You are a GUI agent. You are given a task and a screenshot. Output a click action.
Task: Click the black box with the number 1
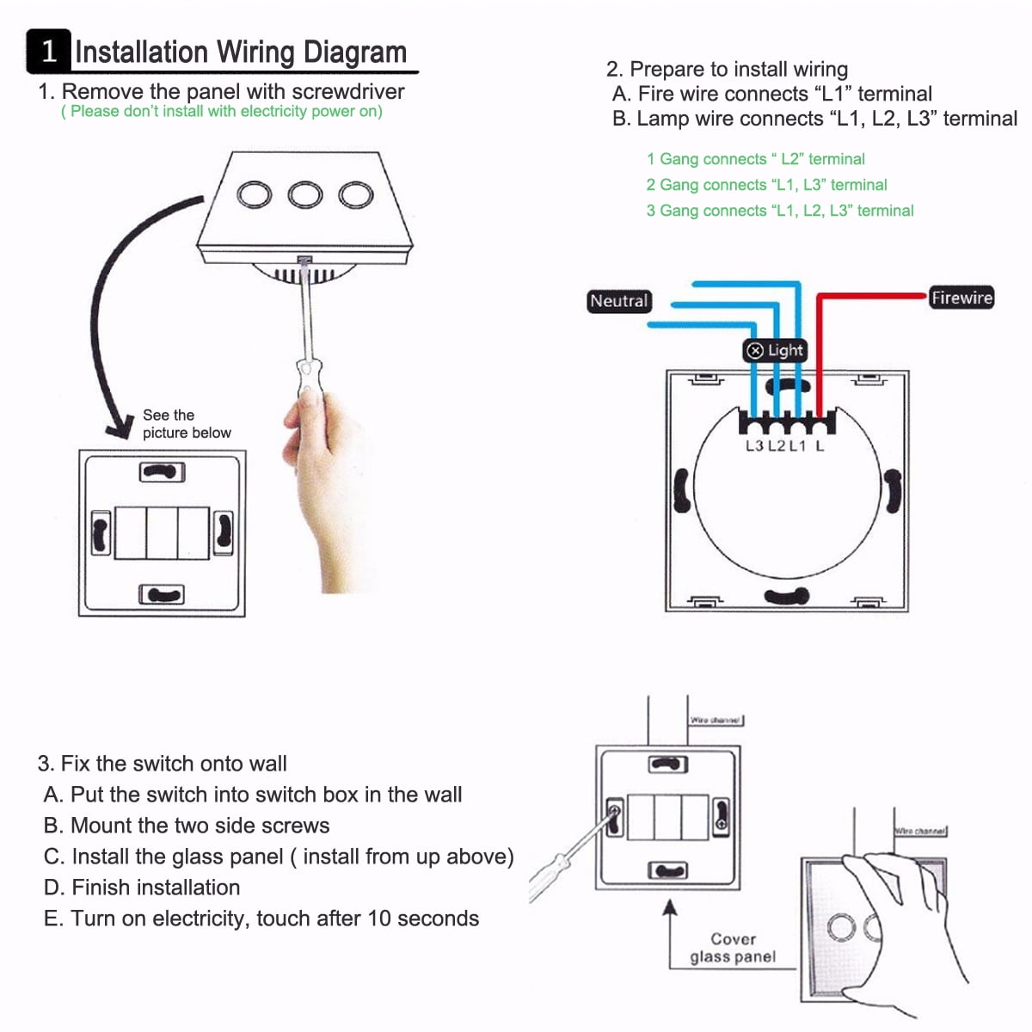click(x=48, y=52)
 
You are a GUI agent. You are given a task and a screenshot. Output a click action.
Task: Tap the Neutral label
click(x=618, y=301)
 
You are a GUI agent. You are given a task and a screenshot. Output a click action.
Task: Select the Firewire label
click(x=961, y=298)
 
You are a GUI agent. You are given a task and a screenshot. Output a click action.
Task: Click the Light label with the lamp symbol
click(x=775, y=350)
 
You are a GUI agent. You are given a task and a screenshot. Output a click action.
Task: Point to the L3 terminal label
click(x=754, y=445)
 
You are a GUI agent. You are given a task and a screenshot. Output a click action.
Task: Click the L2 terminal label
click(x=777, y=445)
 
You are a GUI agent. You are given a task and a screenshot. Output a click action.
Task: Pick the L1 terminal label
click(x=797, y=445)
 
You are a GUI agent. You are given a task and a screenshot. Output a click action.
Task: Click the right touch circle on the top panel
click(x=355, y=194)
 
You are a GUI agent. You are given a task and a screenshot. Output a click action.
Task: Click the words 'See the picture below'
click(x=186, y=424)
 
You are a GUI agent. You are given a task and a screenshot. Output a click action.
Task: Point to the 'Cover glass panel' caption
click(x=733, y=948)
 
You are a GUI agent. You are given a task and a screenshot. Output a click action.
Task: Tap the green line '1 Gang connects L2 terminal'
click(x=755, y=159)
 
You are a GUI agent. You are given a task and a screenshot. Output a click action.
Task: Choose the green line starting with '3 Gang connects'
click(x=779, y=211)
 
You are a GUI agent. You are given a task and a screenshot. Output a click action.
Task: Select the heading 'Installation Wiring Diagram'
click(x=241, y=52)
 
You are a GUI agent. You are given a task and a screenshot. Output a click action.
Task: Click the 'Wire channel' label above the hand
click(x=919, y=831)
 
